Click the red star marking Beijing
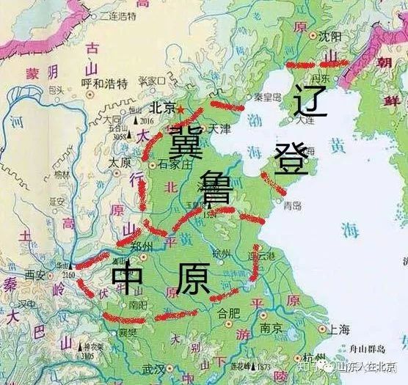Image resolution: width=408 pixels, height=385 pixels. click(x=181, y=109)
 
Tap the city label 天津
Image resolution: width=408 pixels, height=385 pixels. click(x=219, y=128)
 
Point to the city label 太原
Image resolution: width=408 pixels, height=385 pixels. click(x=119, y=161)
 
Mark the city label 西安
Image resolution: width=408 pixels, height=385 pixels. click(x=34, y=274)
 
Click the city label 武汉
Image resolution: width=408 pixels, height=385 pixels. click(x=153, y=368)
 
